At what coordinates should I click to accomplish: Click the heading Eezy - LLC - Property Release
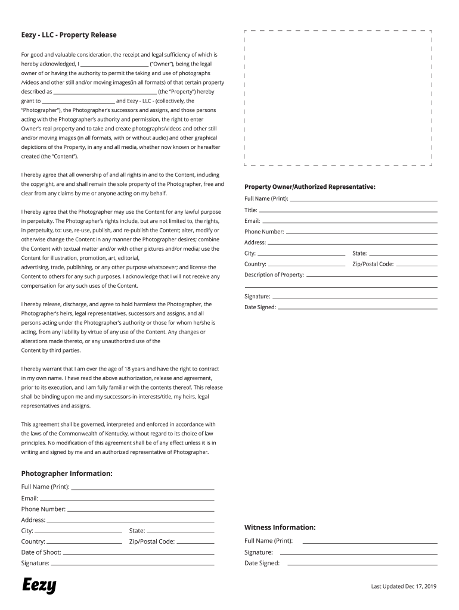(x=69, y=35)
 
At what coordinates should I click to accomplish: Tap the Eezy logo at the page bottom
(x=39, y=585)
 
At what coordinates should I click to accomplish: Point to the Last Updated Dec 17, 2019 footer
(x=404, y=586)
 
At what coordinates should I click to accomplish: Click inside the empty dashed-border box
(x=338, y=97)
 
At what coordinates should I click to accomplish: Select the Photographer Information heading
(x=67, y=474)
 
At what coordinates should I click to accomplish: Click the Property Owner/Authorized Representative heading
(x=310, y=187)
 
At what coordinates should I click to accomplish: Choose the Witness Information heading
(x=280, y=527)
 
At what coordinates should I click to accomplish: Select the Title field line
(x=348, y=211)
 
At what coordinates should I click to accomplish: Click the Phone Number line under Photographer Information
(x=141, y=511)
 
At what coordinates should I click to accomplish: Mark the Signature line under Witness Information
(x=358, y=553)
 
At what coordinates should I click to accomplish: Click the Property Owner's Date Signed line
(x=358, y=309)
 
